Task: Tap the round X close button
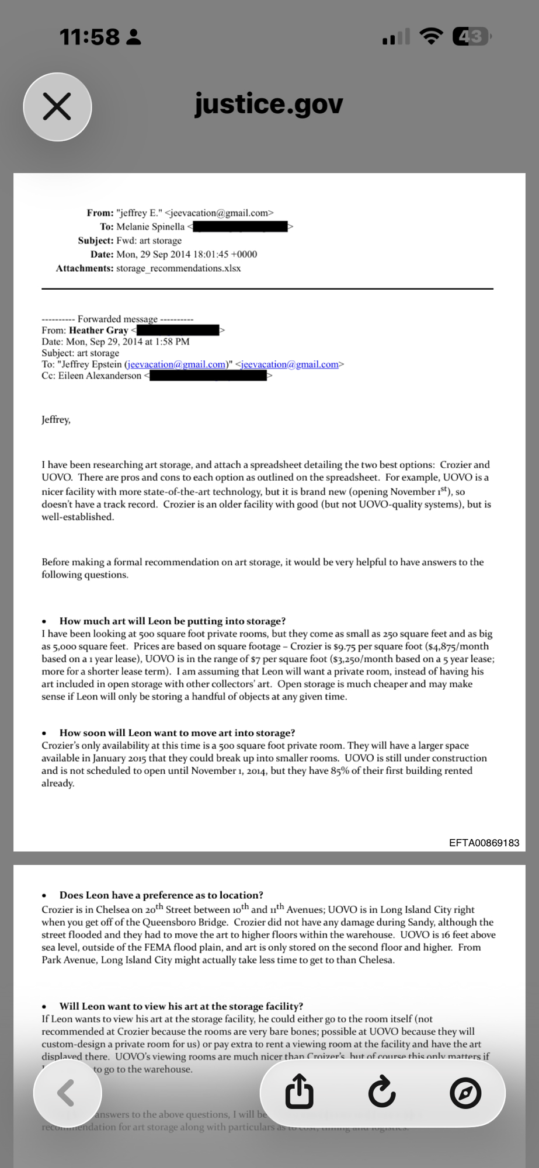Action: pyautogui.click(x=57, y=107)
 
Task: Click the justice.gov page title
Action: pyautogui.click(x=269, y=105)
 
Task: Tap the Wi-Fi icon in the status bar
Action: pyautogui.click(x=431, y=37)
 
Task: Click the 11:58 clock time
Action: pyautogui.click(x=89, y=37)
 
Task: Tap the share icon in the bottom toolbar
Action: pyautogui.click(x=300, y=1092)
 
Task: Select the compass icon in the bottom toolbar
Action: pyautogui.click(x=465, y=1093)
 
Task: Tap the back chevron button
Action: pyautogui.click(x=67, y=1093)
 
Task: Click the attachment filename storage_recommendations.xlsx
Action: pyautogui.click(x=178, y=269)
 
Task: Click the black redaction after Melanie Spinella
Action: pyautogui.click(x=240, y=227)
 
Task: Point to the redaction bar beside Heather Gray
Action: pyautogui.click(x=178, y=331)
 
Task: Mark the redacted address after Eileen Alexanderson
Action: pyautogui.click(x=208, y=376)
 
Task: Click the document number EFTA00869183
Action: pyautogui.click(x=484, y=843)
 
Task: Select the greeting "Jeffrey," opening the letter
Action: pyautogui.click(x=56, y=420)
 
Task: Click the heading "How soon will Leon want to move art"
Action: pyautogui.click(x=177, y=733)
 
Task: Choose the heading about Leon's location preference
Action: pyautogui.click(x=161, y=895)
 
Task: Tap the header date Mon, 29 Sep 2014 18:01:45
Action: pyautogui.click(x=186, y=255)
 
